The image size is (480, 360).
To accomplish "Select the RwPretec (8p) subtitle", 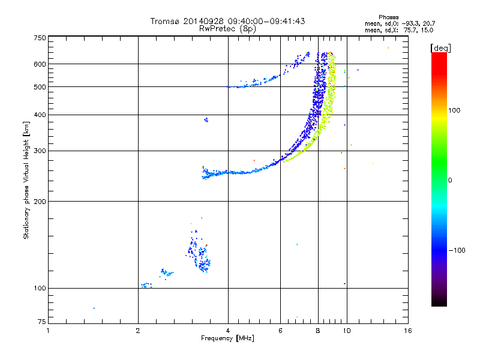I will [x=228, y=28].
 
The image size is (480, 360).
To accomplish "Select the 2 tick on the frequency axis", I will [x=138, y=330].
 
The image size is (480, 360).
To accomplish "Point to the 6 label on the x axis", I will [x=280, y=330].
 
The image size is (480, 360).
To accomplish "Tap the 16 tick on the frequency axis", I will [x=407, y=330].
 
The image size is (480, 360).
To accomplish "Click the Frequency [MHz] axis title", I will [x=227, y=338].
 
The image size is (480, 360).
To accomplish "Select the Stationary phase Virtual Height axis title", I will [x=26, y=180].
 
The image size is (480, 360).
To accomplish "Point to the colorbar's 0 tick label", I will [x=451, y=180].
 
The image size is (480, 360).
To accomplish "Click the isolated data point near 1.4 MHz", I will [x=94, y=308].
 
